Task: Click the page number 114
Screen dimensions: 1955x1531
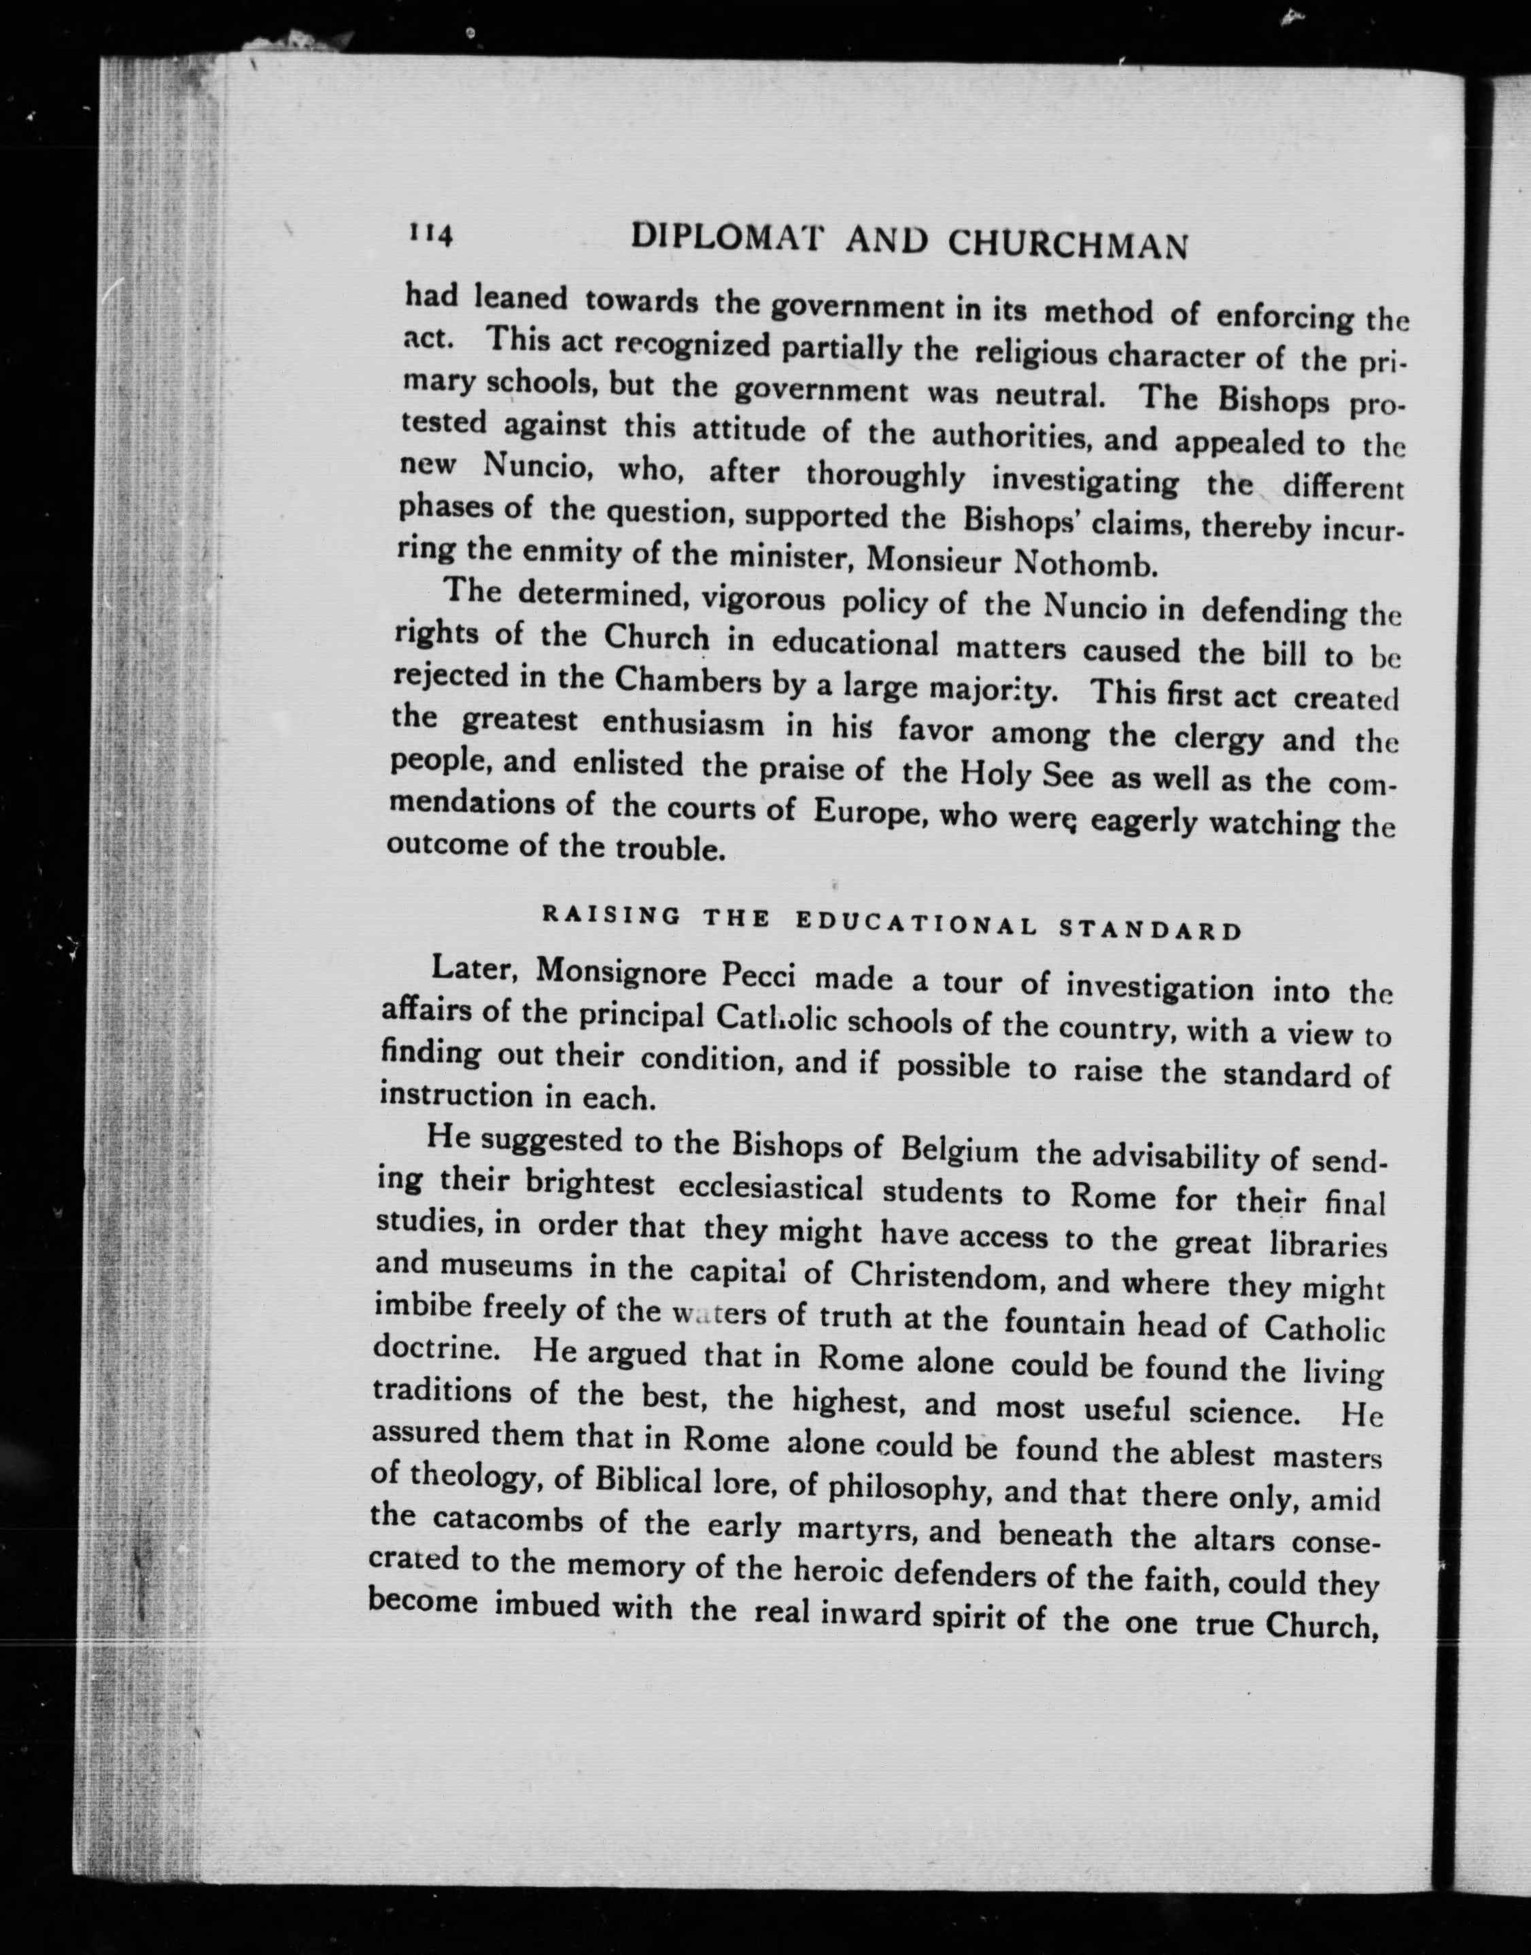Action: [x=431, y=235]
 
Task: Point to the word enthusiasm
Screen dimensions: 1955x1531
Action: [x=682, y=724]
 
